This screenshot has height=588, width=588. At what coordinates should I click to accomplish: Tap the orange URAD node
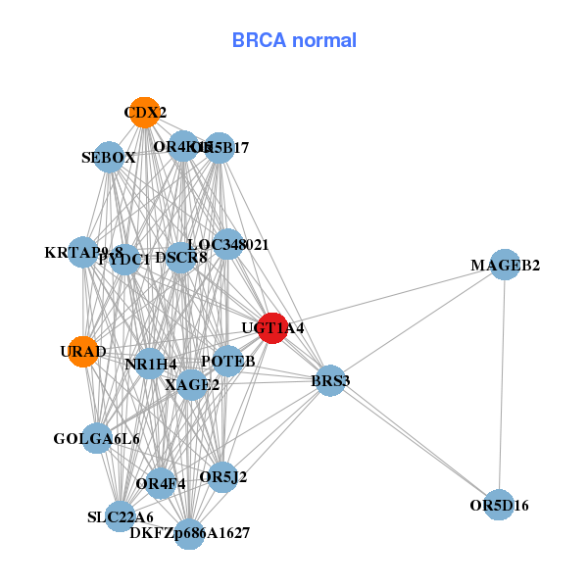tap(83, 351)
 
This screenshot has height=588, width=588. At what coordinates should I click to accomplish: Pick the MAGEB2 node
tap(505, 265)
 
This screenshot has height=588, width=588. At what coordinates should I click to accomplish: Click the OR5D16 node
tap(499, 505)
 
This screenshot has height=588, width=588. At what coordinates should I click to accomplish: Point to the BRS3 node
tap(330, 380)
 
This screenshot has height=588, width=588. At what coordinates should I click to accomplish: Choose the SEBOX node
tap(109, 157)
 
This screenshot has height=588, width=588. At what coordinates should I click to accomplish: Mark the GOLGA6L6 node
tap(97, 438)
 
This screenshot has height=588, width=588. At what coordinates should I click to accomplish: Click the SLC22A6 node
tap(120, 515)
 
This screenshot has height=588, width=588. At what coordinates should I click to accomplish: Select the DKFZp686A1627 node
tap(190, 534)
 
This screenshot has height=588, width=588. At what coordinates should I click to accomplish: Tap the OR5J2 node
tap(222, 477)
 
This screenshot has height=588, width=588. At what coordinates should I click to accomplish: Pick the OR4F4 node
tap(161, 482)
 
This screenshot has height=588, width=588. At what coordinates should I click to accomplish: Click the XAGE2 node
tap(192, 385)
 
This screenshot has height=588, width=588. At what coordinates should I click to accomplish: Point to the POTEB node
tap(227, 362)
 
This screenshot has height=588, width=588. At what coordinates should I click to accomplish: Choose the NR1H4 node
tap(150, 365)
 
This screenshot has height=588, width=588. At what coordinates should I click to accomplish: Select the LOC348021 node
tap(227, 243)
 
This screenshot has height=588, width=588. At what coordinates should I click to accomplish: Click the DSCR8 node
tap(180, 259)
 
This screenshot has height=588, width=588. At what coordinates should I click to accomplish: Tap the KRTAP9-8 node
tap(83, 253)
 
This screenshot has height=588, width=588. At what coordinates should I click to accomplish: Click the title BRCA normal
tap(294, 40)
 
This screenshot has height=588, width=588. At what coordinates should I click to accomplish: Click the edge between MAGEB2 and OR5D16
tap(502, 384)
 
